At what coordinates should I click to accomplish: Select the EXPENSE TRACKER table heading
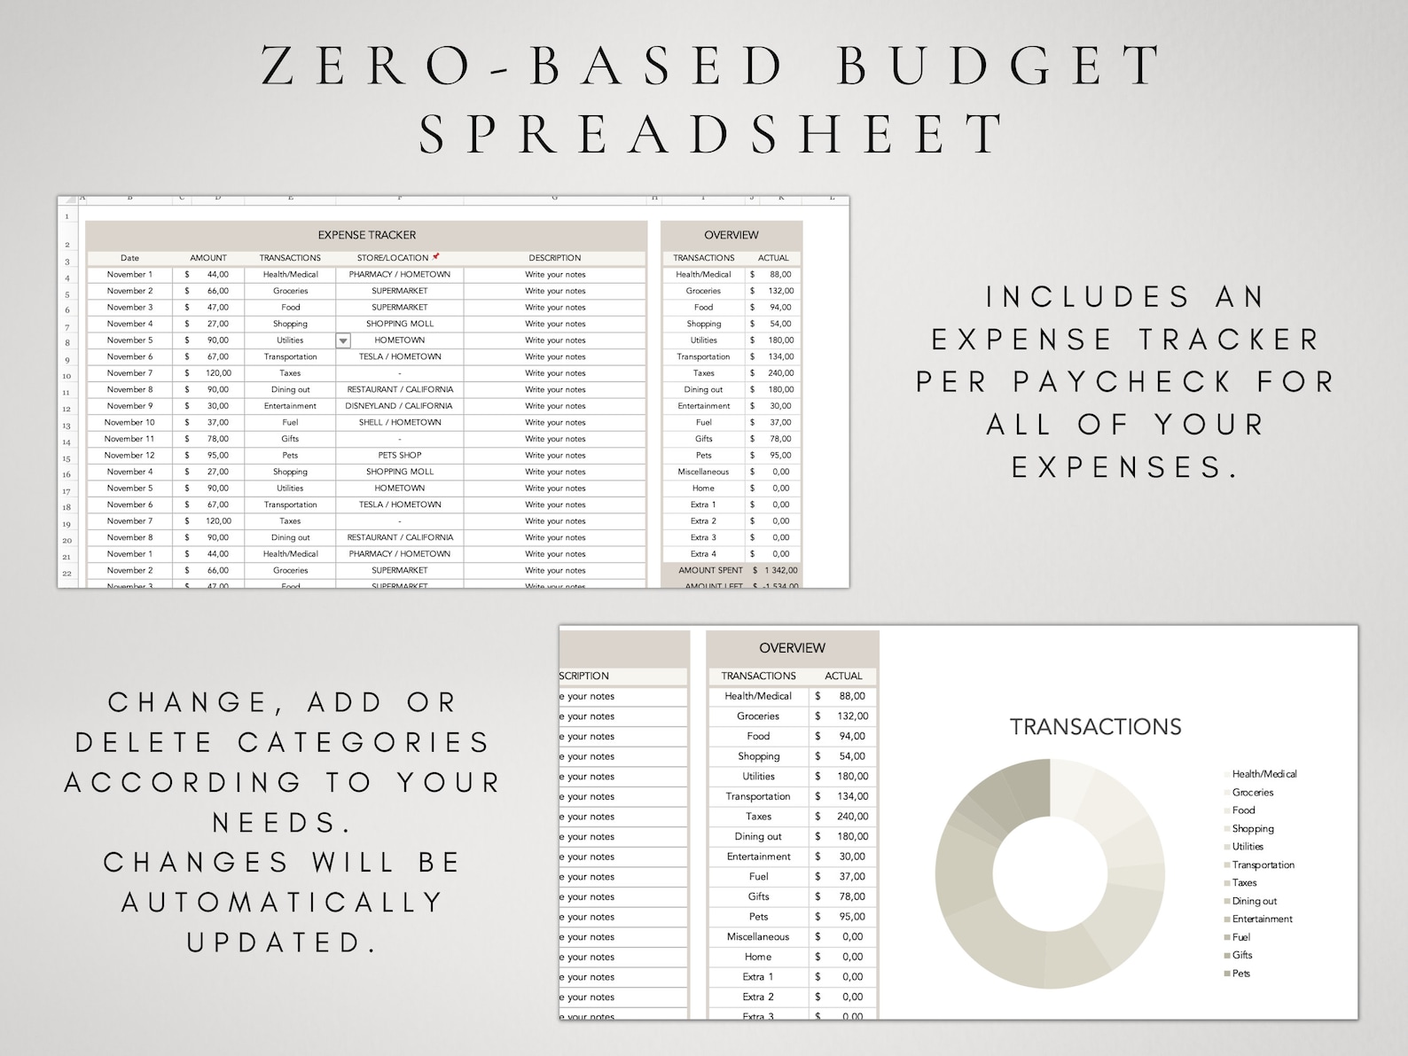[366, 235]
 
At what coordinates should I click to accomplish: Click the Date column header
[129, 258]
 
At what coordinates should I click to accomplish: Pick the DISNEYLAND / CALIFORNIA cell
[399, 406]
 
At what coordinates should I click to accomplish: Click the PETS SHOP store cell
[399, 456]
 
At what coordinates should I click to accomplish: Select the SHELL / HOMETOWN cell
[399, 423]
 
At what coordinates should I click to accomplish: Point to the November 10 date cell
[129, 423]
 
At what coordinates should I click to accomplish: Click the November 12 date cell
[129, 456]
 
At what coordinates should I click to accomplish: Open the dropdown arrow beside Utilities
[343, 340]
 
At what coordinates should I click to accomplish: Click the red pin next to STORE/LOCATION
[436, 256]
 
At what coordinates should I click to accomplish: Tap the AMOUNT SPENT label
[710, 570]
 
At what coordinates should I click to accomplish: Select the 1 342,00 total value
[781, 570]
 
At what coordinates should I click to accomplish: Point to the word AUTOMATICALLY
[283, 903]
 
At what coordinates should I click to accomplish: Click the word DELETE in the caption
[145, 742]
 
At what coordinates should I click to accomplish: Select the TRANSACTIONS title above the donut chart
[1095, 727]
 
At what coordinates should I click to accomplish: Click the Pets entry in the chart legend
[1240, 974]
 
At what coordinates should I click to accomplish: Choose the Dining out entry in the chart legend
[1254, 901]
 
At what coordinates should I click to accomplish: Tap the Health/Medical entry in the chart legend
[1263, 774]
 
